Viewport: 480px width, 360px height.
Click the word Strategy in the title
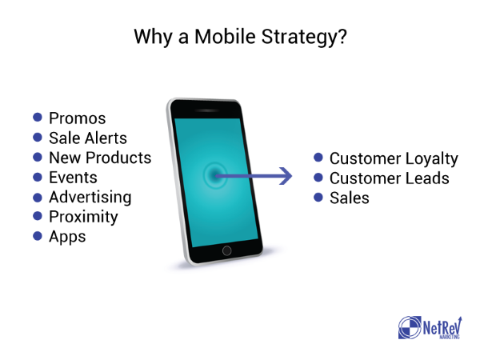click(x=304, y=38)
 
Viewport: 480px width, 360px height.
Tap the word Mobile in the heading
click(x=225, y=37)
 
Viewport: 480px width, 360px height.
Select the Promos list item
click(x=78, y=118)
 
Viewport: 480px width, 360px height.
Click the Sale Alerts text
click(x=88, y=138)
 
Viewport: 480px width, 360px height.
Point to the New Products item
click(x=100, y=158)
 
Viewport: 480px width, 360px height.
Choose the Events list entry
click(x=73, y=178)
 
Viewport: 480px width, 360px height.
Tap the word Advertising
click(x=90, y=198)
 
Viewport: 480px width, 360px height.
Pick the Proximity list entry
click(x=83, y=217)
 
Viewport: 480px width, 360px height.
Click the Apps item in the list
click(x=67, y=237)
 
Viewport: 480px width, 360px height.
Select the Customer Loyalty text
click(x=394, y=159)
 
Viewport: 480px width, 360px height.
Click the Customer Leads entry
click(x=389, y=178)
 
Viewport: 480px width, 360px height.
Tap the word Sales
click(x=350, y=198)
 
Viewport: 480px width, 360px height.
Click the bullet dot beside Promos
click(x=38, y=118)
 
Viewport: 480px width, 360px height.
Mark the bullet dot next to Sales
click(x=318, y=197)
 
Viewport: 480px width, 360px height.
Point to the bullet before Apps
click(x=38, y=236)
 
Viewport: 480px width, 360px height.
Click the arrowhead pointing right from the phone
click(x=286, y=176)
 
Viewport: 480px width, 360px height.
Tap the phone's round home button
click(x=227, y=250)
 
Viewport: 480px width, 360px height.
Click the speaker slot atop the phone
click(x=208, y=110)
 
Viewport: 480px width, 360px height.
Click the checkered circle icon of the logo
click(x=410, y=327)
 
